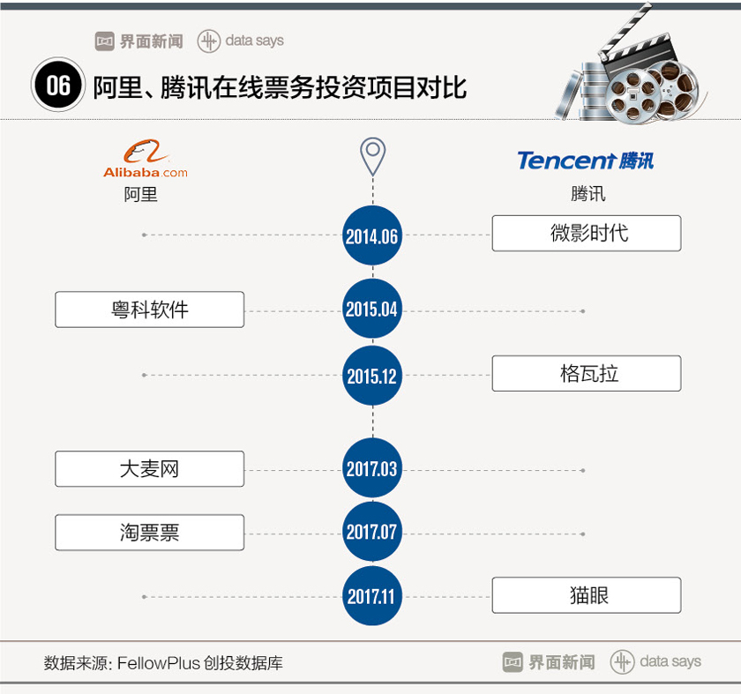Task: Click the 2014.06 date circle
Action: [372, 236]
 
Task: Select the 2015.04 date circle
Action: [372, 310]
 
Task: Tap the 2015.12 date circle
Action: [372, 376]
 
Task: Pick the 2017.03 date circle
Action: [372, 469]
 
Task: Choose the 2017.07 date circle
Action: [372, 533]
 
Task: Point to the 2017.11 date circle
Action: [372, 596]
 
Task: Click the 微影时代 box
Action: [586, 234]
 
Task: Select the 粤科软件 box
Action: [149, 310]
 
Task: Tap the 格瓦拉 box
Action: [586, 374]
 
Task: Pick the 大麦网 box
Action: [149, 469]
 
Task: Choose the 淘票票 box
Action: [149, 533]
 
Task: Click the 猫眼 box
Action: [586, 595]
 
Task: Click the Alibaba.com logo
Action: [144, 160]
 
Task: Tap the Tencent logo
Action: [585, 160]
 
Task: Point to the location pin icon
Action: [373, 156]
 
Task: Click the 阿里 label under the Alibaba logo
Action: [141, 194]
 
